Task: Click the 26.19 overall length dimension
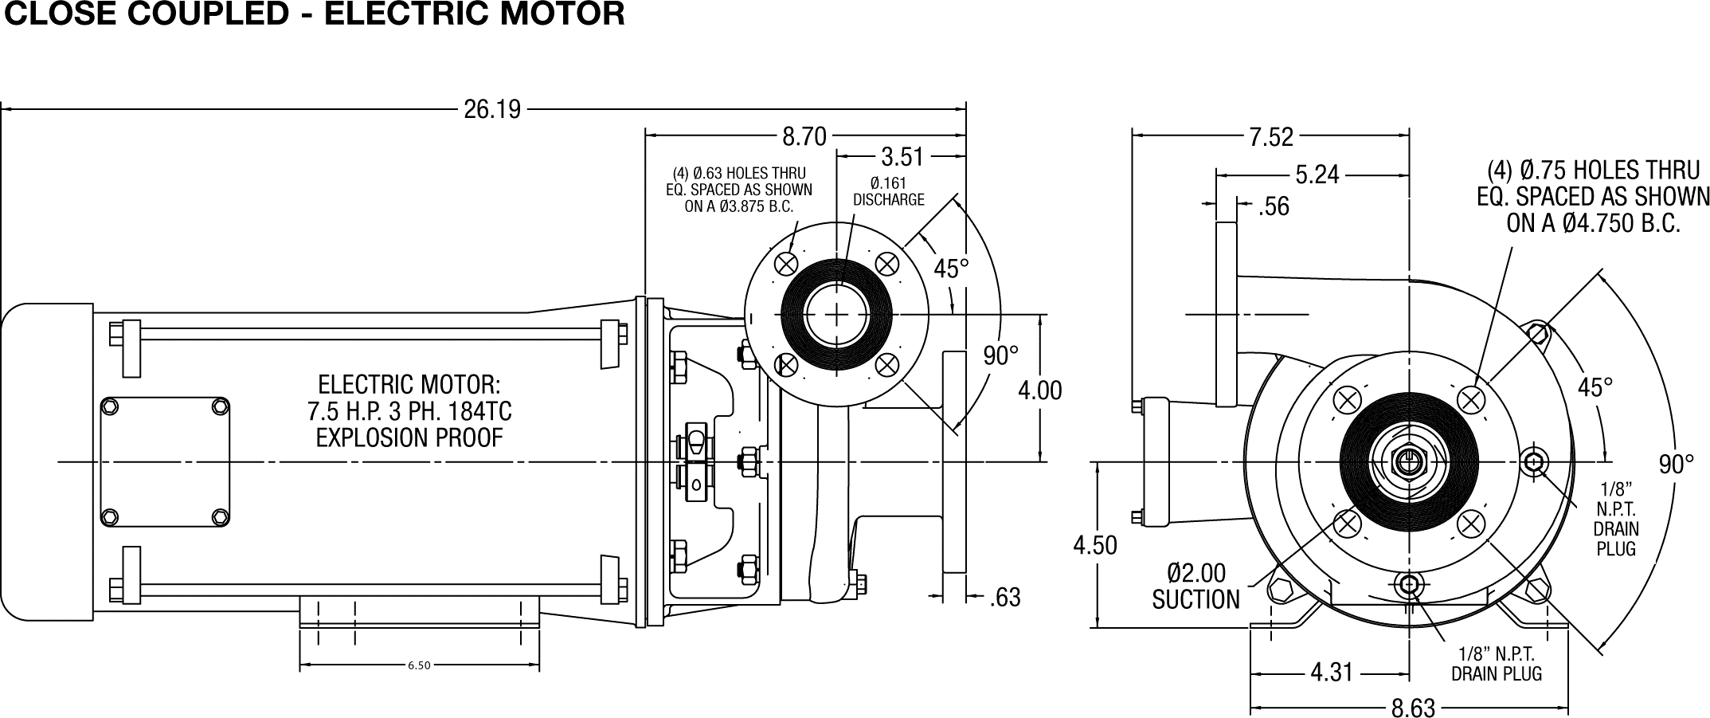[x=492, y=109]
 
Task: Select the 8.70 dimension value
[x=804, y=137]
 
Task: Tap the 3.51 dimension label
[x=902, y=156]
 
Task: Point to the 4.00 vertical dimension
[x=1040, y=390]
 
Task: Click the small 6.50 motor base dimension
[x=419, y=665]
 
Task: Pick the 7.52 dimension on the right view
[x=1271, y=137]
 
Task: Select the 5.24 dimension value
[x=1317, y=175]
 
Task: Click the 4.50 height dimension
[x=1095, y=545]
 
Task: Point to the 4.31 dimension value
[x=1332, y=673]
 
